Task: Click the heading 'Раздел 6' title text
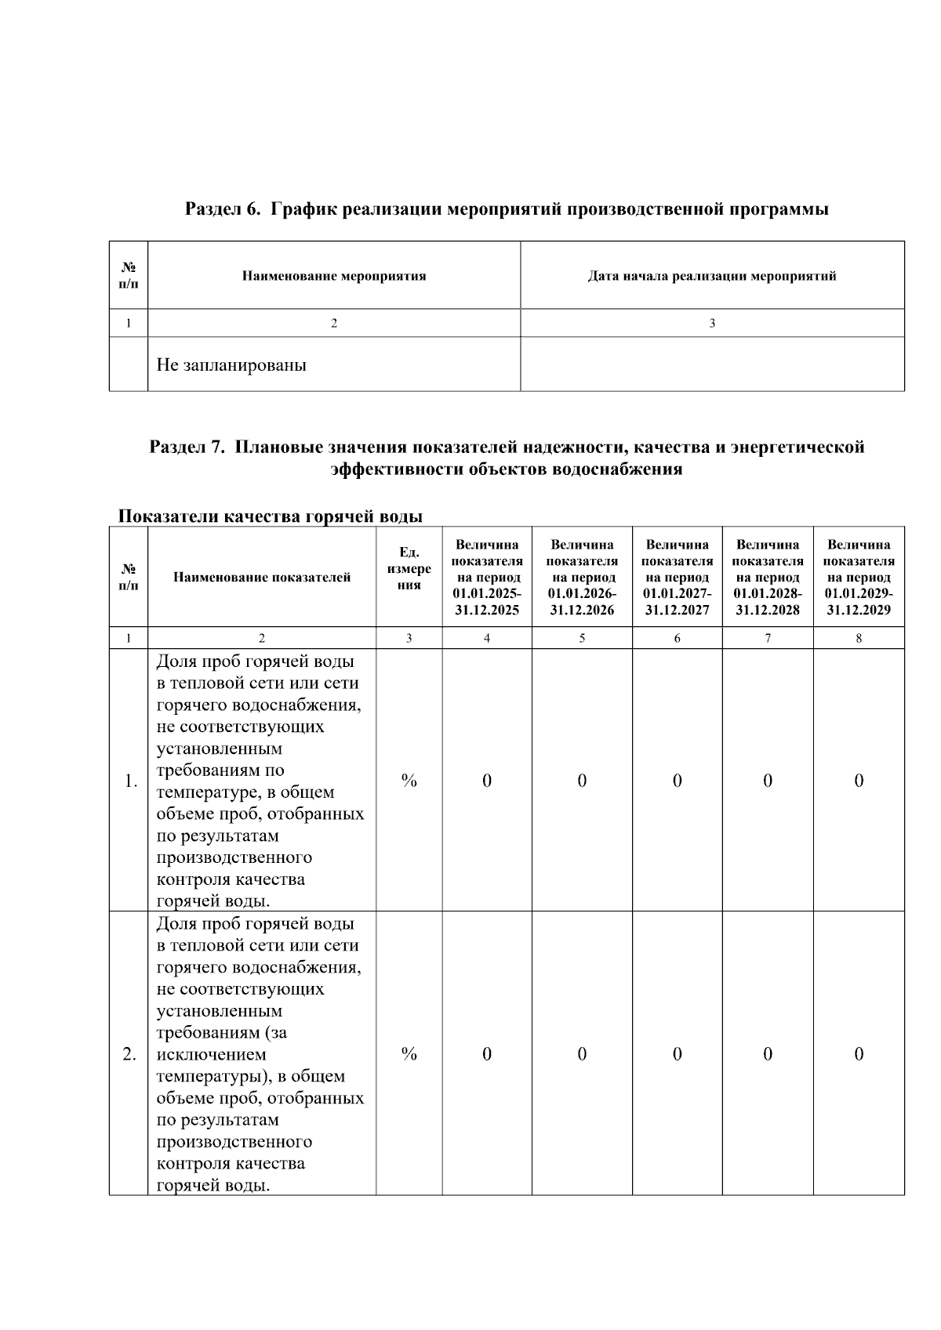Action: pos(507,209)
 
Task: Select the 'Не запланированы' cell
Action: pos(231,365)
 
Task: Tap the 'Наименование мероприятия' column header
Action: pos(333,276)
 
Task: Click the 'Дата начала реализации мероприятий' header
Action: pos(711,276)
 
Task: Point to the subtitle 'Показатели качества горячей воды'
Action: pos(270,516)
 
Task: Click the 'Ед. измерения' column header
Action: pos(409,568)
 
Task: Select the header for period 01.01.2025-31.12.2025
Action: pos(486,577)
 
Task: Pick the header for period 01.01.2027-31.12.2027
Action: pos(677,577)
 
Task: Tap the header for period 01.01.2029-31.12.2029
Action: pos(858,577)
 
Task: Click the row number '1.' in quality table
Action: pos(130,781)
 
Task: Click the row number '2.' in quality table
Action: pos(130,1054)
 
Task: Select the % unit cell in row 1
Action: pos(409,781)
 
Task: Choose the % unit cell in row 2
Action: pos(409,1054)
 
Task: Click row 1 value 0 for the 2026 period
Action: pos(582,781)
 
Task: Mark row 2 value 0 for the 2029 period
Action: pos(859,1054)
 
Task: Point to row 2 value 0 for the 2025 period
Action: pos(486,1054)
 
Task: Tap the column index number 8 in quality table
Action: pos(859,638)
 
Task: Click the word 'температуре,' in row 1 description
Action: pos(206,792)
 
